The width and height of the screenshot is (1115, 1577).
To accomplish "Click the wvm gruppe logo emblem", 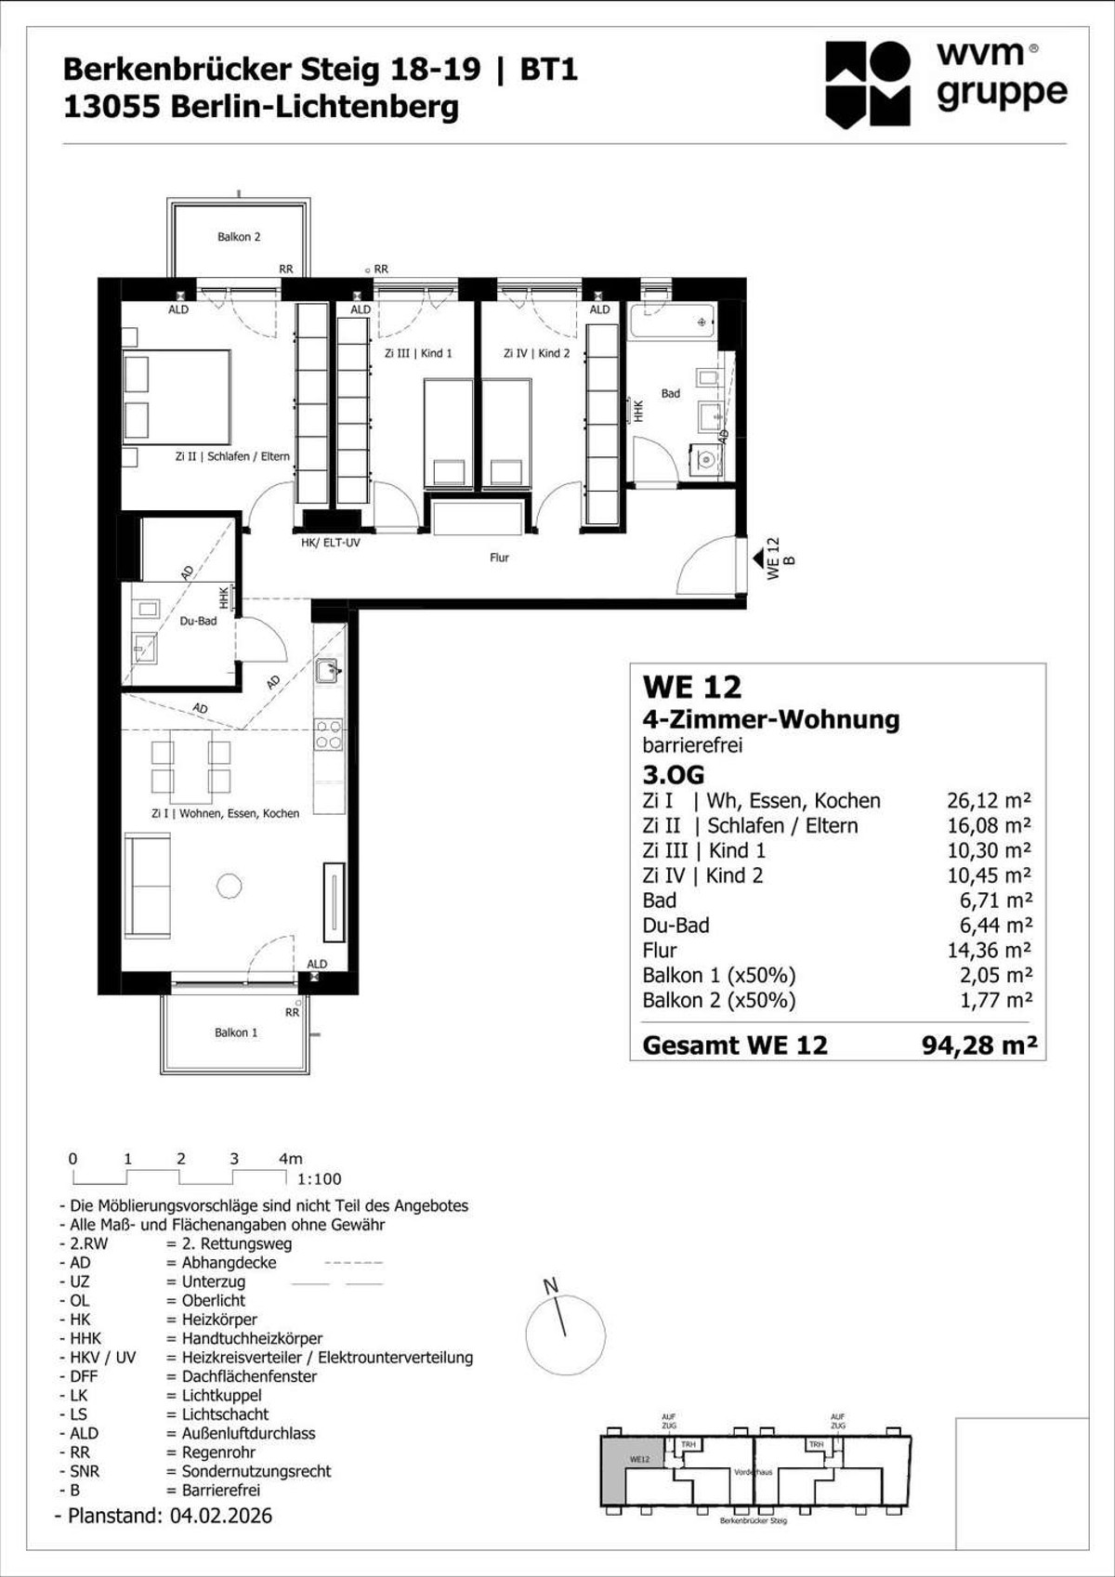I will [x=868, y=84].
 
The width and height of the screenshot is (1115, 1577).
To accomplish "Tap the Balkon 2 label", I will [x=239, y=237].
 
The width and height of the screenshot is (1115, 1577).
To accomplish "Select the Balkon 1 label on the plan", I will [x=236, y=1032].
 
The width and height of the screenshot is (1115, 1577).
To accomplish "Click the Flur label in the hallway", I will [x=499, y=558].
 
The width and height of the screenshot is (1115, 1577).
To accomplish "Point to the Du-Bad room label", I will [x=198, y=621].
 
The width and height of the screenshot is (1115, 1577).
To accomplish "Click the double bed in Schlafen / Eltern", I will [x=177, y=397].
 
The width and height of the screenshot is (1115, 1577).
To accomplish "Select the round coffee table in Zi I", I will [x=230, y=886].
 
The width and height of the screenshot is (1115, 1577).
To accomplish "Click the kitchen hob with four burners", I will [x=328, y=734].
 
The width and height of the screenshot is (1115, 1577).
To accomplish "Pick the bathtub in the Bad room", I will [x=673, y=323].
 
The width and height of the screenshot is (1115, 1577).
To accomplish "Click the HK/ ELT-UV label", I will [x=330, y=543].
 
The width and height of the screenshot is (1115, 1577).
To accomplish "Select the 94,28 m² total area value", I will [x=978, y=1045].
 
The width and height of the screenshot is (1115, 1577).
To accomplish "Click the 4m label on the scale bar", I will [x=290, y=1159].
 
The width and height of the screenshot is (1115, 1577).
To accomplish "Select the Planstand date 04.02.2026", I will [x=221, y=1516].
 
